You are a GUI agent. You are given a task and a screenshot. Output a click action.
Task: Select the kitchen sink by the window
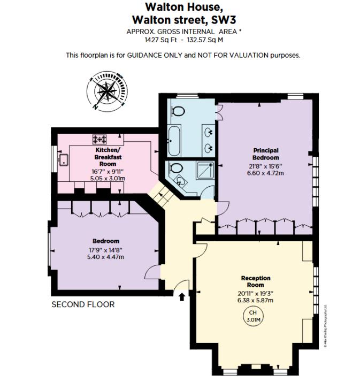64,159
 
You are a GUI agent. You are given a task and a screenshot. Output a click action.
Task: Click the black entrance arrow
182,295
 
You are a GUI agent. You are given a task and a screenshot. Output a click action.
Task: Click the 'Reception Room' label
256,282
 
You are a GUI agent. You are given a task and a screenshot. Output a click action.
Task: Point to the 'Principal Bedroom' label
266,154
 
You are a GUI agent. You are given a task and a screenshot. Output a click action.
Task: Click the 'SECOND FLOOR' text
83,304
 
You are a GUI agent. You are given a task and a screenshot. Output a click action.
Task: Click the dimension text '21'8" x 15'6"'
266,166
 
